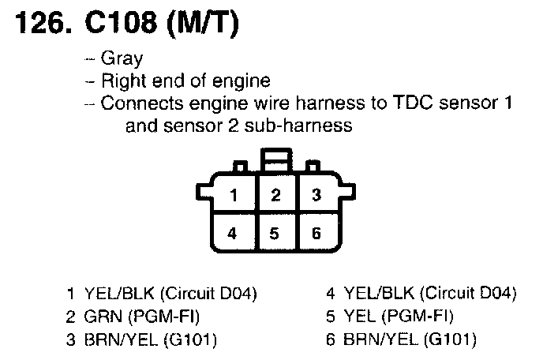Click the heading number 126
pos(39,26)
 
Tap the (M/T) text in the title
pos(203,26)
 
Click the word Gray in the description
pos(122,58)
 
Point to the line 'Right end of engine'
pos(186,81)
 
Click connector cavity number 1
pos(233,194)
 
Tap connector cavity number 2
pos(275,194)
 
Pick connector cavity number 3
pos(316,194)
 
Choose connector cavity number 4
pos(233,233)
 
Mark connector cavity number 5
pos(275,233)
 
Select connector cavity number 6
pos(316,233)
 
